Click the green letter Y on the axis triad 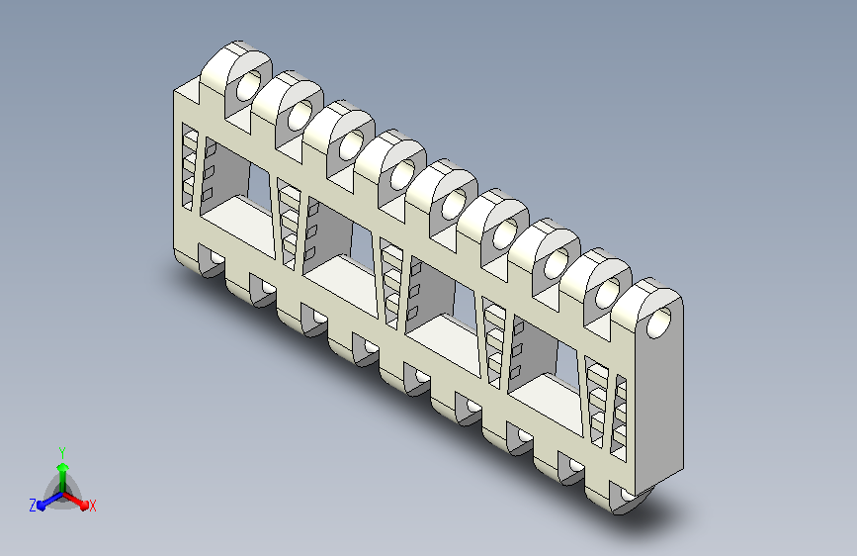point(62,452)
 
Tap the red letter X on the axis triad point(92,507)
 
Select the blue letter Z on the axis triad point(33,506)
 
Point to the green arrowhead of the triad point(63,467)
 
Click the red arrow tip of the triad point(84,506)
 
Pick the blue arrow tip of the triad point(41,506)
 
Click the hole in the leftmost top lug point(249,85)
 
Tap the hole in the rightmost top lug point(658,323)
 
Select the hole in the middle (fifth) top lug point(454,204)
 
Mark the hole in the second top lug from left point(300,115)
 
